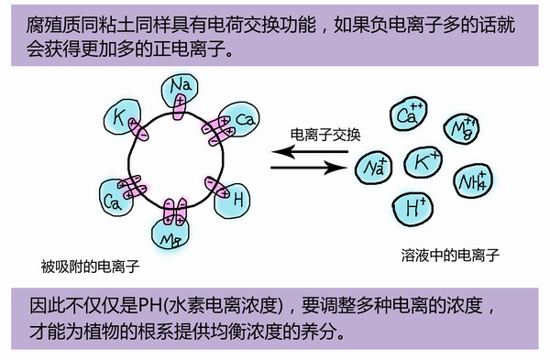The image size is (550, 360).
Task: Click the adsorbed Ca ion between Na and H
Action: point(240,120)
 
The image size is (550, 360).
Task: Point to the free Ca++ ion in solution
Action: point(408,115)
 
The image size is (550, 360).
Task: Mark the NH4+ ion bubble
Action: point(476,178)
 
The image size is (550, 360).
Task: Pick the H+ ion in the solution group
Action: point(414,206)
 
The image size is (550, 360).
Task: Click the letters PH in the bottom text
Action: point(148,305)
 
